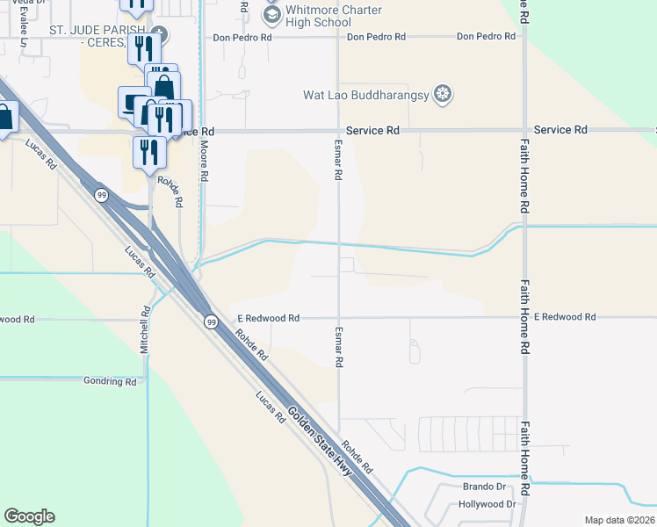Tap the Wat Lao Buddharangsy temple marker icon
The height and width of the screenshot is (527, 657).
(444, 93)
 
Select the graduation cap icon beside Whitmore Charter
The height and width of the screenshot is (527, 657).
(271, 14)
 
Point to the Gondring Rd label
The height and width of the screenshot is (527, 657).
(110, 381)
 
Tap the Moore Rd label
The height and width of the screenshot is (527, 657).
(203, 160)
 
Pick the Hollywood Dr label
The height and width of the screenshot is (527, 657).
(487, 504)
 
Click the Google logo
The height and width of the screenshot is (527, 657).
(29, 516)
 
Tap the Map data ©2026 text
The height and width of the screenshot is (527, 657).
(620, 520)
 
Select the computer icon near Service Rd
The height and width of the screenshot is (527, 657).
(134, 101)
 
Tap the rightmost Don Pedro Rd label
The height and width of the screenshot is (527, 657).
(486, 37)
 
